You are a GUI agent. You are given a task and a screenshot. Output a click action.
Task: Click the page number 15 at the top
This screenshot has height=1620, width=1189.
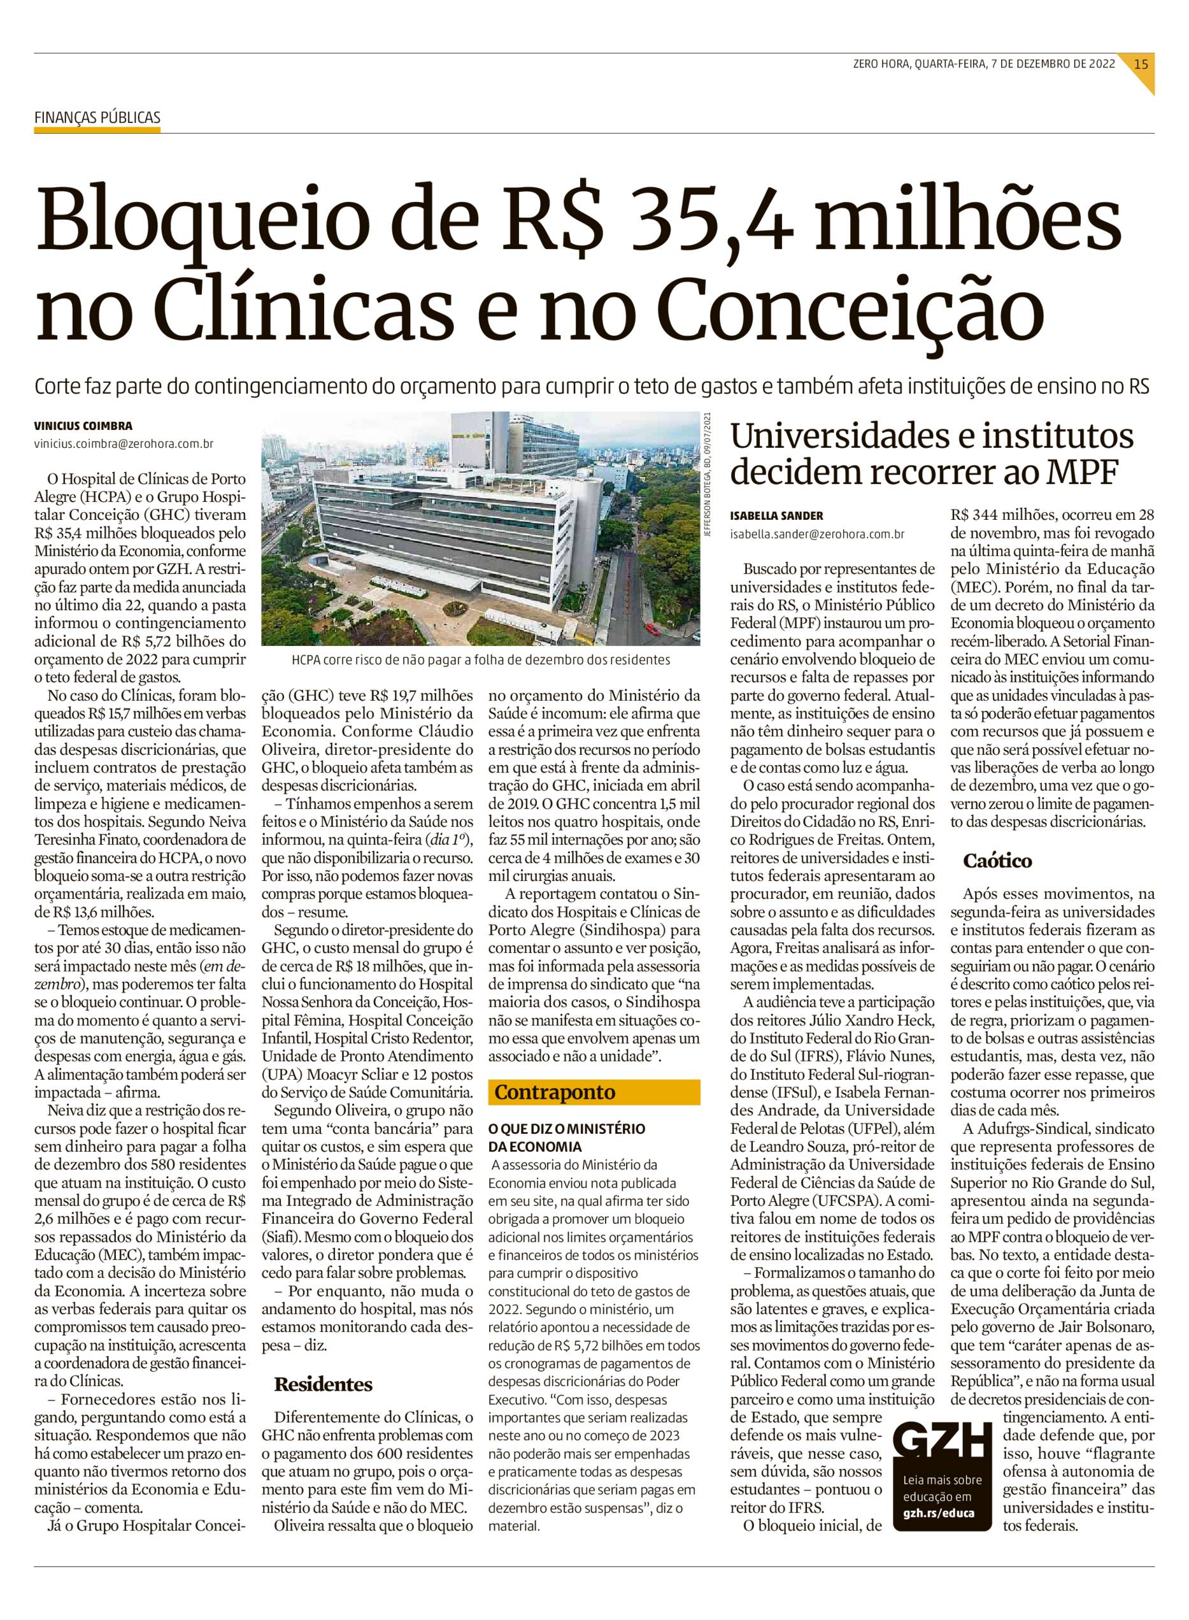(x=1141, y=63)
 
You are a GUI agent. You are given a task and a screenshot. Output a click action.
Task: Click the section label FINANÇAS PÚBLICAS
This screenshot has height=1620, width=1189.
(x=97, y=118)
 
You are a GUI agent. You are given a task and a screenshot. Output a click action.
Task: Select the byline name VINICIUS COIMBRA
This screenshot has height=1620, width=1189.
(x=83, y=426)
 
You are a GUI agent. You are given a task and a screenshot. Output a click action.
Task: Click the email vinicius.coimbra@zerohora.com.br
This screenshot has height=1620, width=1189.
(x=124, y=444)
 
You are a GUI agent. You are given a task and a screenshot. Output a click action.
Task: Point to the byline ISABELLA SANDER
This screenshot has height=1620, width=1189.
(x=776, y=515)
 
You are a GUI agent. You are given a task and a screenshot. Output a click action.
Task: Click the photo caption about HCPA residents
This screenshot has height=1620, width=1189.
(x=481, y=659)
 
